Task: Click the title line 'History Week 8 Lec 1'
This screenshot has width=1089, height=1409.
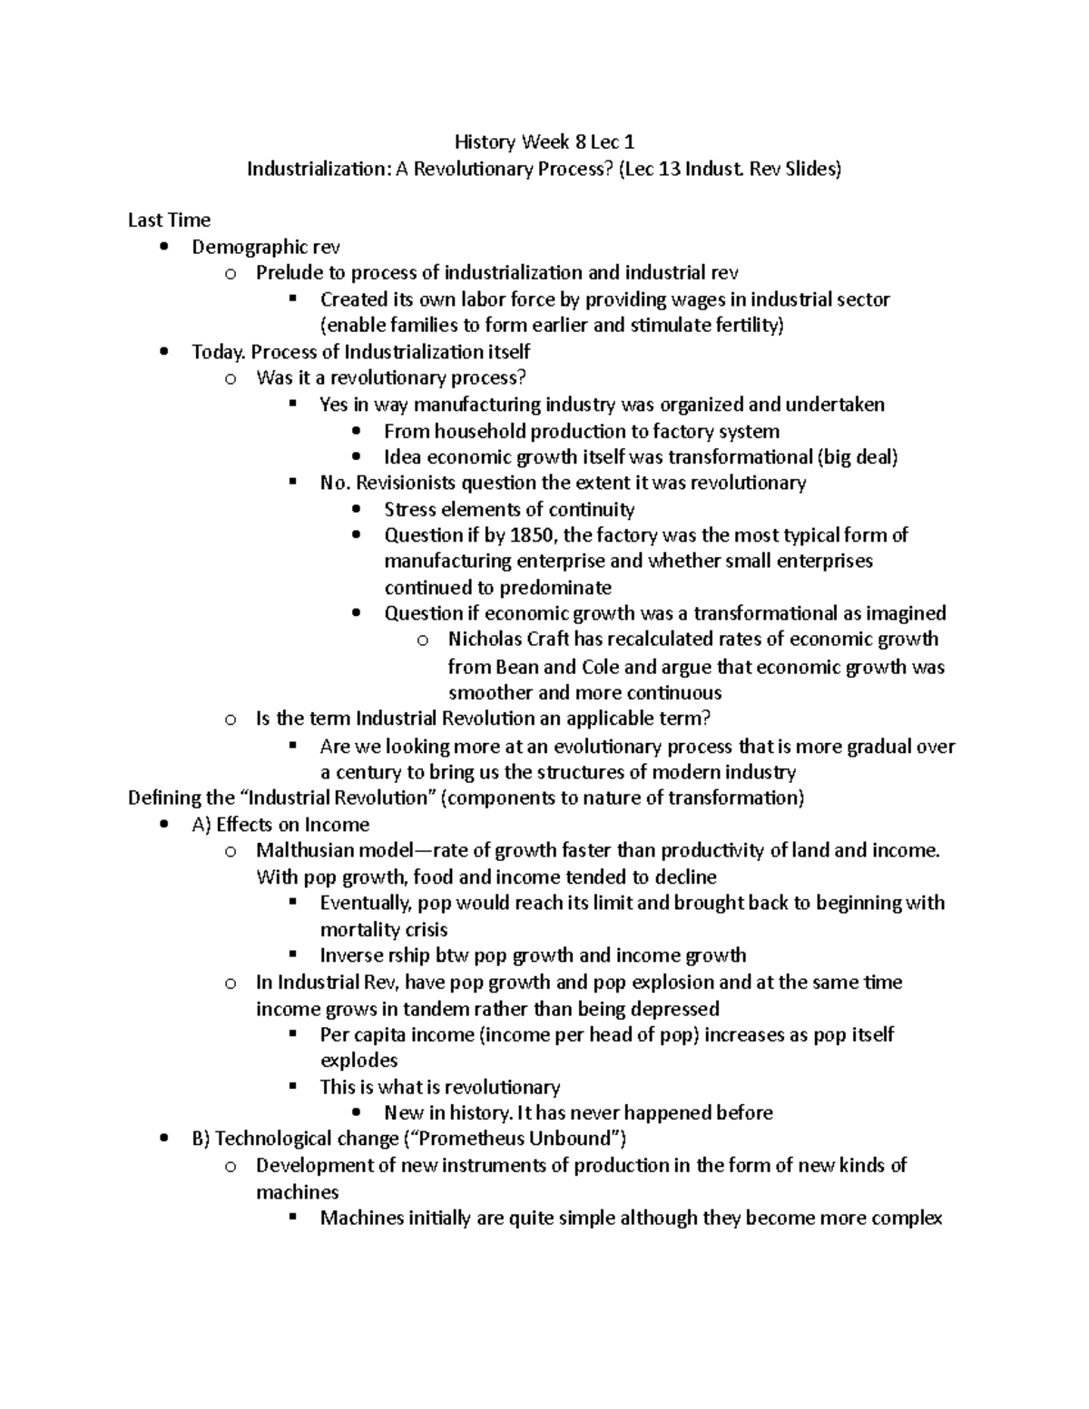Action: (x=544, y=142)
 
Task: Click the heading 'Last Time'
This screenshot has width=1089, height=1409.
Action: (x=169, y=220)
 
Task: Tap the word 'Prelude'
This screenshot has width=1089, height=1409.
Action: (x=290, y=272)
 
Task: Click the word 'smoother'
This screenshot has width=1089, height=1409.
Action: (x=490, y=692)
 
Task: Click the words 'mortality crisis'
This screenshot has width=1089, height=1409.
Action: (x=383, y=929)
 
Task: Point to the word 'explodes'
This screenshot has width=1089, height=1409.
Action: (x=358, y=1060)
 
